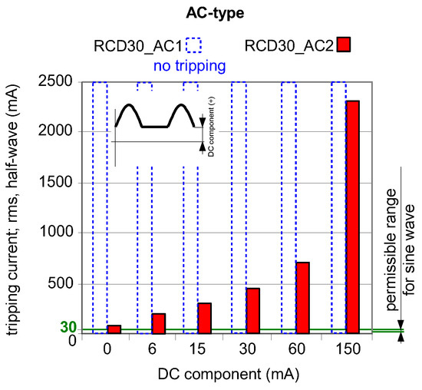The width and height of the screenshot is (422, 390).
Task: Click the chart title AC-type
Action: pos(211,12)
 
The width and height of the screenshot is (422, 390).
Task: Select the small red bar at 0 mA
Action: pos(114,329)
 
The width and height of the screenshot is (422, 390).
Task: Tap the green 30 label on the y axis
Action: pos(68,328)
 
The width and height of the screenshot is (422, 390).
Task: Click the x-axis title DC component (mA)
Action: pos(229,375)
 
